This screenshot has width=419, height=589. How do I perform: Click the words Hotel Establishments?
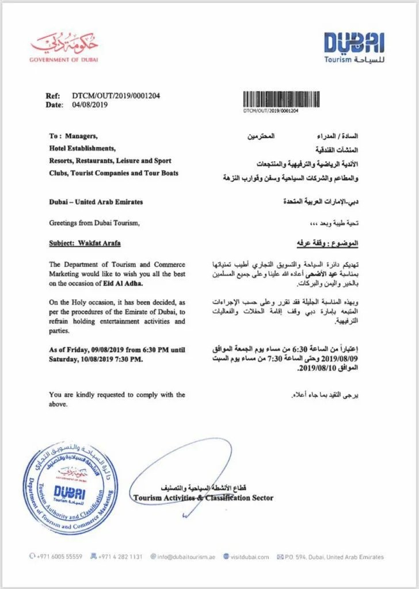pos(82,148)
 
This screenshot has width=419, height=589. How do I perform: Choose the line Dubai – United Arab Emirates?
pos(96,202)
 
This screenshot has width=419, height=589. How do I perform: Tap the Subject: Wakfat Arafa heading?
pos(87,243)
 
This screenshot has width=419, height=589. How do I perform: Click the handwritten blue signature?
pos(184,466)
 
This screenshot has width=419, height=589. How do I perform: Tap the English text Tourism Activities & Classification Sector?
pos(203,498)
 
